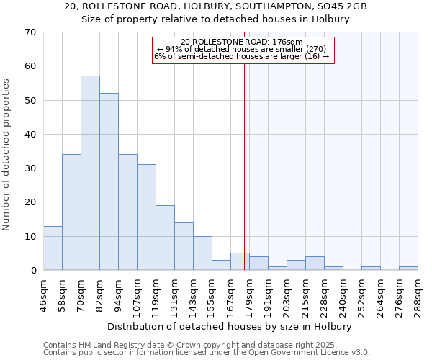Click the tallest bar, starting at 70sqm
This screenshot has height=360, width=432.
[90, 173]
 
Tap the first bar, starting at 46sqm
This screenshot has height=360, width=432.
[53, 248]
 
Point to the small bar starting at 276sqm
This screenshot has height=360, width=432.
[408, 269]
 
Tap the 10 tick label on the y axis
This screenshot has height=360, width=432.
[31, 236]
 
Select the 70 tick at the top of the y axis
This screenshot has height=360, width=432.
[31, 32]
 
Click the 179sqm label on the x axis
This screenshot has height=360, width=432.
[249, 294]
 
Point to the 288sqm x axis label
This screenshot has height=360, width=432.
[418, 294]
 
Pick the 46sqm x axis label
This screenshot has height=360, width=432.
[43, 294]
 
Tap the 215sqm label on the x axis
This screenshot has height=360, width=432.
[305, 294]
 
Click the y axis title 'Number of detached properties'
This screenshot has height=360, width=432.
[7, 155]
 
